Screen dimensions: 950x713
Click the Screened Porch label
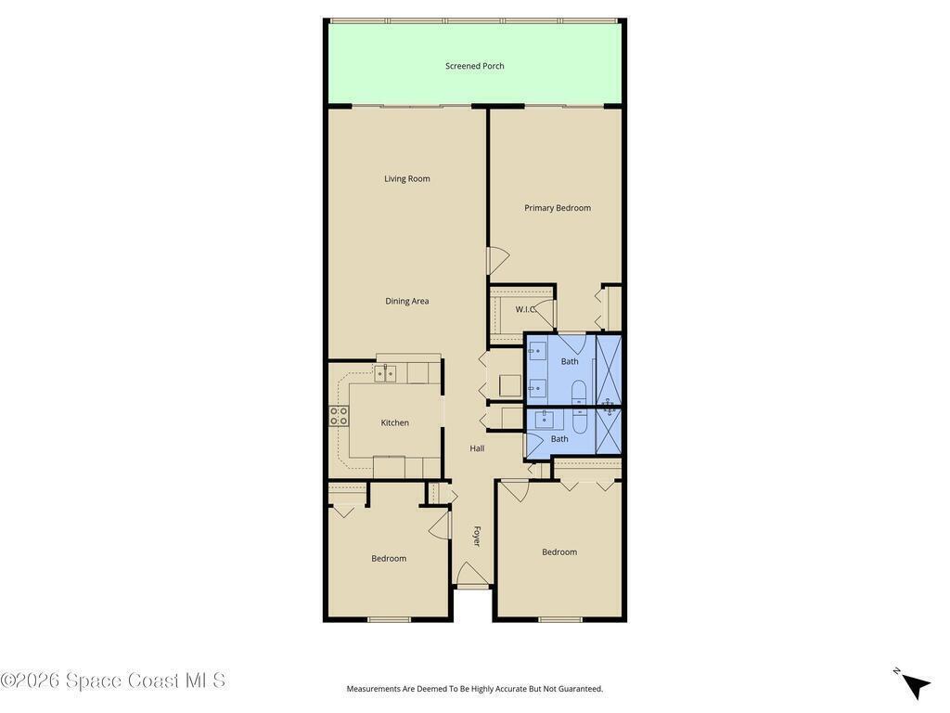click(x=474, y=66)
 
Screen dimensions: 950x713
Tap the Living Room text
click(x=407, y=179)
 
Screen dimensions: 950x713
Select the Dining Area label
click(x=407, y=302)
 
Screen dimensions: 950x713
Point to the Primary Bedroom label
click(x=558, y=208)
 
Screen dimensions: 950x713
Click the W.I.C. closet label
click(x=525, y=310)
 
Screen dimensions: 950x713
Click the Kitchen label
click(x=395, y=423)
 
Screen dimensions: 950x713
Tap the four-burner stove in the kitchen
click(x=339, y=416)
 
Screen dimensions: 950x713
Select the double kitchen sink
click(x=385, y=373)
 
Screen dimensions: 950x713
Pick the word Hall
click(x=478, y=448)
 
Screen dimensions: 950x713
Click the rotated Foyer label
click(x=477, y=536)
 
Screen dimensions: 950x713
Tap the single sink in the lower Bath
click(x=544, y=419)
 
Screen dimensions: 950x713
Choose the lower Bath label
click(x=559, y=439)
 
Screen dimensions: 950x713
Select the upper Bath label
click(x=570, y=361)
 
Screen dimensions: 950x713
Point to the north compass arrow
click(x=916, y=686)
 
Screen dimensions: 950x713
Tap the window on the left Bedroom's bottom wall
click(x=389, y=619)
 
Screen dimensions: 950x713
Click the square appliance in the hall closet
click(x=509, y=385)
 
